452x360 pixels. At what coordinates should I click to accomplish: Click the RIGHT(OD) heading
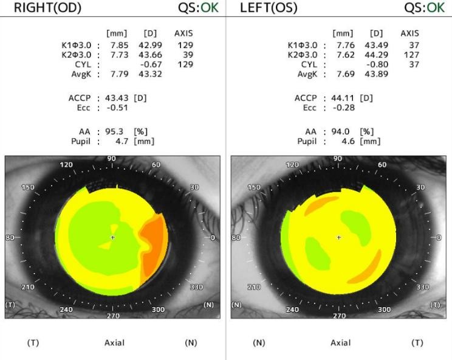(x=43, y=8)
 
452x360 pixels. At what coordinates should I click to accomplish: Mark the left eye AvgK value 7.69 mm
(x=346, y=74)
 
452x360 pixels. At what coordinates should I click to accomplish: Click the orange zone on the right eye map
(x=153, y=243)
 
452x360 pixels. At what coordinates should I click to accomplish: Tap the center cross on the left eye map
(x=339, y=237)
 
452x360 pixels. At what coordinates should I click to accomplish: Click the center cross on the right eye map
(x=112, y=237)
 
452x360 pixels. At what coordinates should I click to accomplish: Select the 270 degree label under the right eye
(x=113, y=316)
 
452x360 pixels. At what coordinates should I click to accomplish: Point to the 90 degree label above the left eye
(x=338, y=159)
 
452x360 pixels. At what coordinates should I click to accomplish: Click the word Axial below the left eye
(x=340, y=343)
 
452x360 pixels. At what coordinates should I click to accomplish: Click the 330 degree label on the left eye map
(x=423, y=286)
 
